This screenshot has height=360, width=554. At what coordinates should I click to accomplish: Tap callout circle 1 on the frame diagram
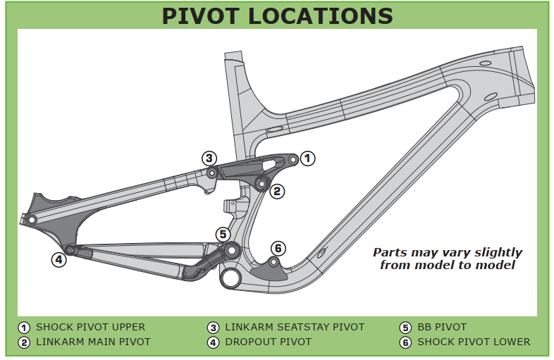point(307,159)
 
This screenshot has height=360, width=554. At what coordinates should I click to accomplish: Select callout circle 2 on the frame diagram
point(278,190)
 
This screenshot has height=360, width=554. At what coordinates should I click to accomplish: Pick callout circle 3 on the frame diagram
point(209,158)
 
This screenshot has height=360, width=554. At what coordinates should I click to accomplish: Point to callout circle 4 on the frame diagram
point(59,259)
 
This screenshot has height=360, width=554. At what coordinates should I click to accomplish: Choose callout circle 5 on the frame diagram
point(223,234)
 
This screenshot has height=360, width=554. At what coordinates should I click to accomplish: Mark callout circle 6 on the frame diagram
point(278,248)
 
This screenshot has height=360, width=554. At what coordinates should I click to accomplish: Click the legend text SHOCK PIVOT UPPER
point(90,327)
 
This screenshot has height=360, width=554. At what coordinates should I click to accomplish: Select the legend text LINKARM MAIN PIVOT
point(93,342)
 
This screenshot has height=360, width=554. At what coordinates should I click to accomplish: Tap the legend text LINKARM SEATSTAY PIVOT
point(295,327)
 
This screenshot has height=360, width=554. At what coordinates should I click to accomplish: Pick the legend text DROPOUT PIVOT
point(268,342)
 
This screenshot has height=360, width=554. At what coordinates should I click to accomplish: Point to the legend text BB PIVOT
point(442,327)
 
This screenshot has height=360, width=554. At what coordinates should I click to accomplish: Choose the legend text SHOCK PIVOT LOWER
point(474,342)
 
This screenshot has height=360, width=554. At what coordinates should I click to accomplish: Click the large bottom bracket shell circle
point(230,277)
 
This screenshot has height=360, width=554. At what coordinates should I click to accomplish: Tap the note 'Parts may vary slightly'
point(448,252)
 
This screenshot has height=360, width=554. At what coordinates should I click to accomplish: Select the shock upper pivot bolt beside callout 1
point(293,161)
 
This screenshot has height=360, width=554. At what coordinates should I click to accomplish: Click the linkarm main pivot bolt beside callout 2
point(261,185)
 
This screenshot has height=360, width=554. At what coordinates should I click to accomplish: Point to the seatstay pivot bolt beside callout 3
point(211,173)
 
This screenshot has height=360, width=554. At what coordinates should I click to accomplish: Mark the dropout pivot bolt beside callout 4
point(70,249)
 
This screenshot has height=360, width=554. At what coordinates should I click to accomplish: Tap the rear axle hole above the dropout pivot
point(32,220)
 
